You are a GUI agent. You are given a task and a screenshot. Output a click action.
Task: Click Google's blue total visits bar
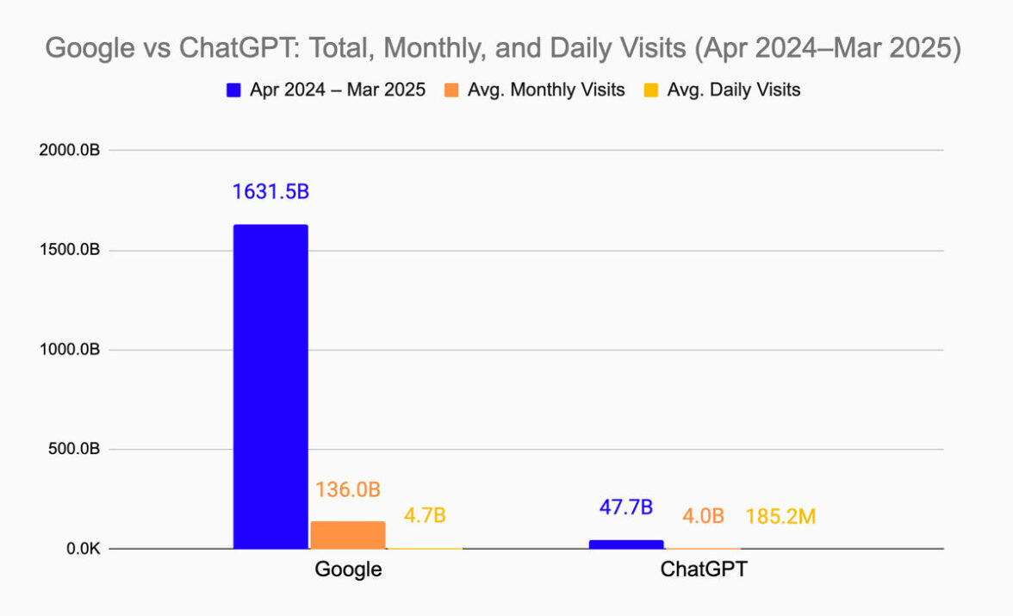tap(270, 387)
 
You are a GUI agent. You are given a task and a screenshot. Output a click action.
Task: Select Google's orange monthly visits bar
tap(347, 535)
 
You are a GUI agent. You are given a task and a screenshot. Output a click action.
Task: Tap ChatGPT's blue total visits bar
tap(625, 544)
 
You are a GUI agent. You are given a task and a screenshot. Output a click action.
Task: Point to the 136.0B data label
tap(347, 489)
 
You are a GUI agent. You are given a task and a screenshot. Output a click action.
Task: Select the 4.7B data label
tap(425, 516)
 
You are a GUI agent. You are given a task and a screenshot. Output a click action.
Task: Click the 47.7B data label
tap(625, 507)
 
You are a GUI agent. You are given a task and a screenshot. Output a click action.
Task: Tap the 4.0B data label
tap(702, 517)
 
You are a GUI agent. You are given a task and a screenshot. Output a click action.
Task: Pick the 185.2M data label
tap(780, 517)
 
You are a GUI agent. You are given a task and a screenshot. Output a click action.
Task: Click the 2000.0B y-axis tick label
tap(70, 151)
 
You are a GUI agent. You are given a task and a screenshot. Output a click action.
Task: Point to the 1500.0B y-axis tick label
tap(70, 251)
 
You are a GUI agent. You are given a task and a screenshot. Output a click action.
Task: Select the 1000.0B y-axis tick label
tap(70, 350)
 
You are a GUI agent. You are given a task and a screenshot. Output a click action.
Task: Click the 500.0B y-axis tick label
tap(75, 450)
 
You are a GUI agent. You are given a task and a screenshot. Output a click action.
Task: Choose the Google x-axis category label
tap(348, 569)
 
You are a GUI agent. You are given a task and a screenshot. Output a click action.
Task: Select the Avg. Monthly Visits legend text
tap(546, 90)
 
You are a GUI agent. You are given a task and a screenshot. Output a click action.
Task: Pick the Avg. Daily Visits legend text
tap(734, 90)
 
